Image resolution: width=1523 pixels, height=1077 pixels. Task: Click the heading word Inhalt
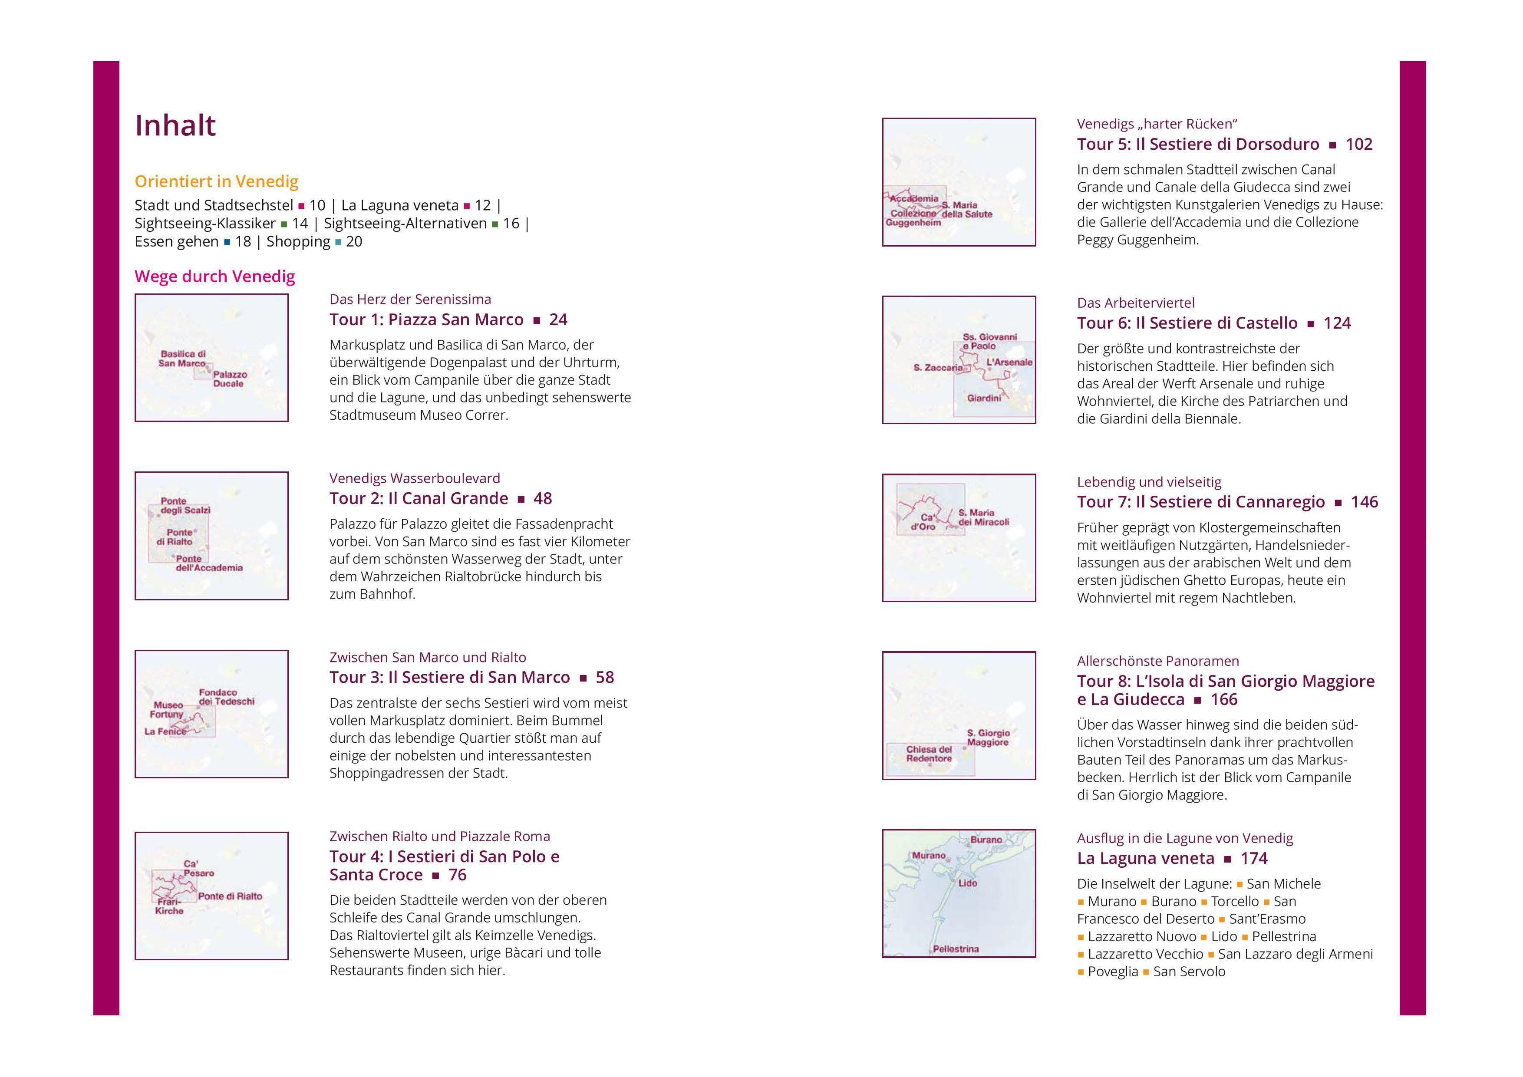click(175, 125)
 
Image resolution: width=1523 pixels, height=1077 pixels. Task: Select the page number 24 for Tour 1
click(558, 319)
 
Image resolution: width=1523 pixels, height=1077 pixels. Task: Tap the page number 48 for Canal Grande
click(543, 499)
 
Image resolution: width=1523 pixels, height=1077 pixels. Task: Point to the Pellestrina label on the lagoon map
click(956, 949)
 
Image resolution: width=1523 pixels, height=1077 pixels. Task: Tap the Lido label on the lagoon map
click(968, 883)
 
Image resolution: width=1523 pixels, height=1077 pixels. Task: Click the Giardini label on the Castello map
click(984, 398)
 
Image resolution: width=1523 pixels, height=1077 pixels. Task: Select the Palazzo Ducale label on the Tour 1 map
click(230, 379)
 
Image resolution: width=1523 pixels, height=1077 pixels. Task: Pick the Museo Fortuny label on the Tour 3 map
click(166, 710)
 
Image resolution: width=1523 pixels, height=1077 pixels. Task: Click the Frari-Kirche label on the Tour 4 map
click(169, 906)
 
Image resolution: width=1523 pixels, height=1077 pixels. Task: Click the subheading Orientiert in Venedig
click(216, 182)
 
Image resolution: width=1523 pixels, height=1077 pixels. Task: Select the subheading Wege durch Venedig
click(215, 277)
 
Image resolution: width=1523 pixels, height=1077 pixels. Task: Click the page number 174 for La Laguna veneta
click(1254, 859)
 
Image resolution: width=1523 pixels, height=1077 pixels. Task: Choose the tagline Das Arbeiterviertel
click(1136, 303)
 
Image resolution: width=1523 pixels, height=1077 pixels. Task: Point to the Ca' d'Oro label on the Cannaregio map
click(923, 522)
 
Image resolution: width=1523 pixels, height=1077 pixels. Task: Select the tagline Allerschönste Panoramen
click(1158, 661)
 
